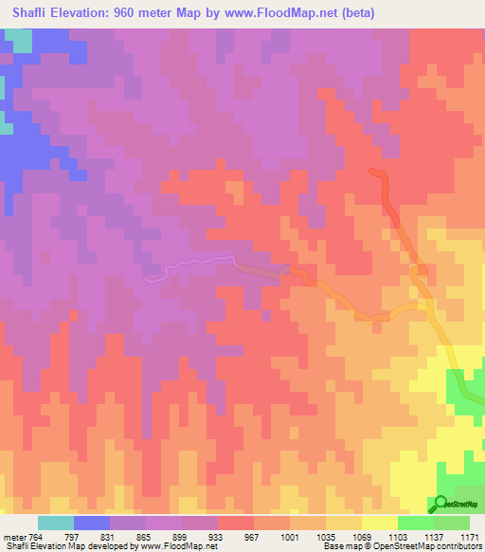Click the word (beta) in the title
click(359, 13)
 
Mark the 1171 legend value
click(471, 537)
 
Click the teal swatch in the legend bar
click(56, 523)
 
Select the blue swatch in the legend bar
click(92, 523)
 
